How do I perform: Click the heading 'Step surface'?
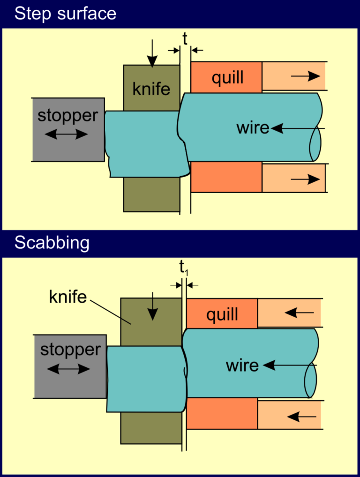click(65, 14)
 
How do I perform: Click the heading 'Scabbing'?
click(52, 243)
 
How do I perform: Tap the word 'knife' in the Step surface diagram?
click(151, 89)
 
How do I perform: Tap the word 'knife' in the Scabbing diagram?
click(68, 296)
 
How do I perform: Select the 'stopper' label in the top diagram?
click(68, 115)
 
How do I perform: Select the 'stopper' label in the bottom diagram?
click(70, 350)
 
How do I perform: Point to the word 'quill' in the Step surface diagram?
click(227, 77)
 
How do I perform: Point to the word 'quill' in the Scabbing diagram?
click(222, 314)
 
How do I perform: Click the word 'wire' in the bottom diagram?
click(242, 365)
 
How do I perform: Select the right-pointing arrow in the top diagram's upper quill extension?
click(305, 77)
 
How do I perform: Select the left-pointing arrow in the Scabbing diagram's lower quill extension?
click(300, 416)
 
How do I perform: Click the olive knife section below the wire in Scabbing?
click(151, 428)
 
